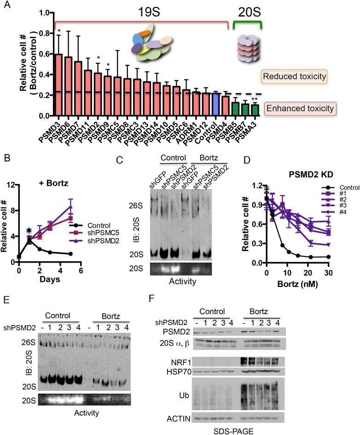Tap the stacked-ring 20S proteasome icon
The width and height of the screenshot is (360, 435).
(x=249, y=49)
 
